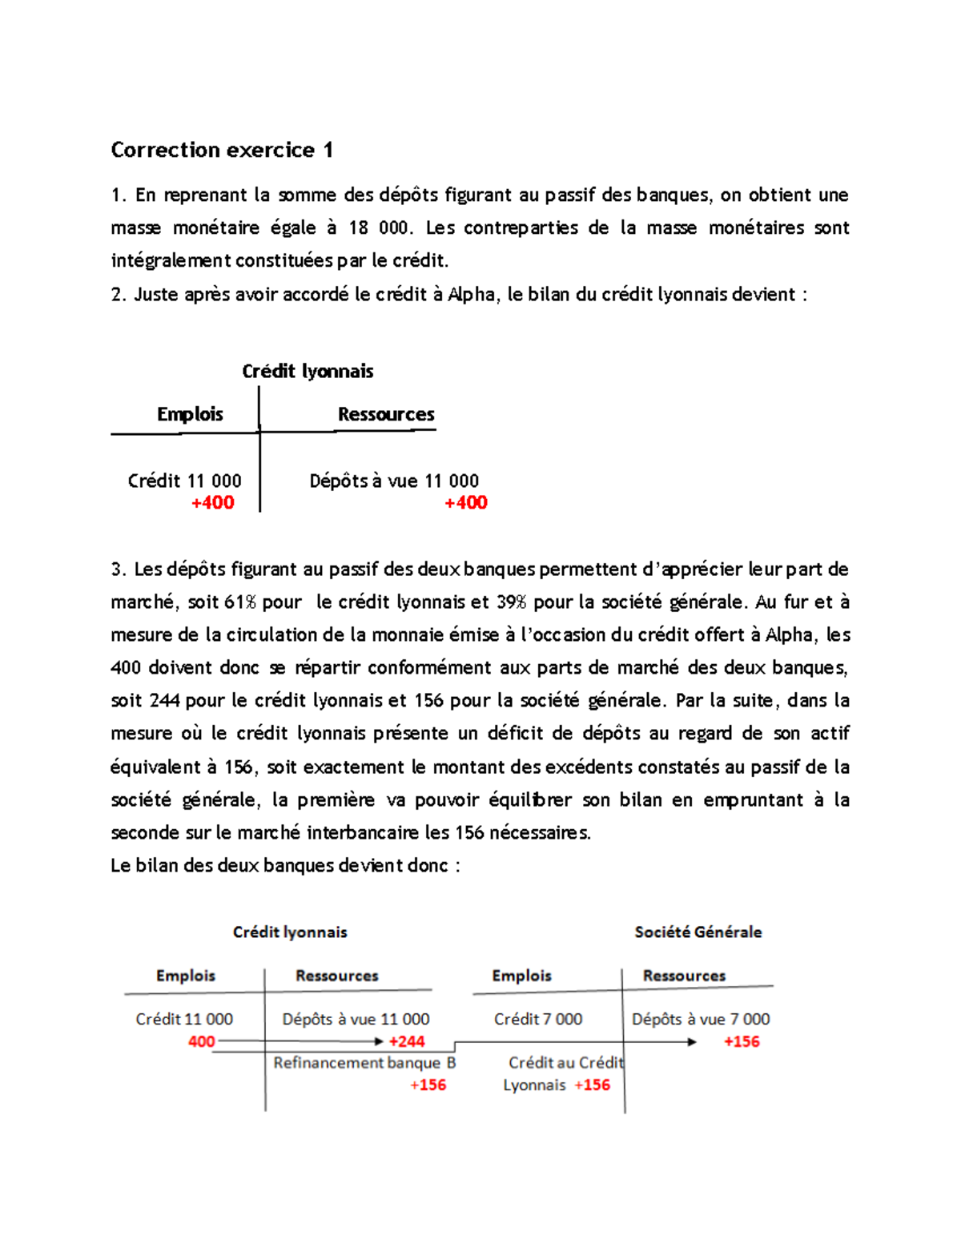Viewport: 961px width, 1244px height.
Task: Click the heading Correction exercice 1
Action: [222, 150]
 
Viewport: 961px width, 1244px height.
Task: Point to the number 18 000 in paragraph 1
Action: [379, 227]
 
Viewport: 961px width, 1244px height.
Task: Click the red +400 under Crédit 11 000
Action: [213, 503]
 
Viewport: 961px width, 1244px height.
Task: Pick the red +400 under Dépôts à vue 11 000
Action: [466, 503]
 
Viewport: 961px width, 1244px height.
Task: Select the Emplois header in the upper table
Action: [190, 414]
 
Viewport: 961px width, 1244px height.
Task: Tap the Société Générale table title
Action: [698, 932]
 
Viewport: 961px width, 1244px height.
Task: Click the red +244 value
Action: [407, 1041]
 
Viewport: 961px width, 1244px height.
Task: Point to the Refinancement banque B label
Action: [364, 1063]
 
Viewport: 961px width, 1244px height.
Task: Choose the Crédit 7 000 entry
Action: [538, 1019]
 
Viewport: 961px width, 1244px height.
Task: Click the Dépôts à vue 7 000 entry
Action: [701, 1019]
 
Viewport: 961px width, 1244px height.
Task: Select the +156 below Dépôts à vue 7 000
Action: [742, 1041]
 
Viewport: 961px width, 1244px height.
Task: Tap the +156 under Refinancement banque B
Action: [428, 1085]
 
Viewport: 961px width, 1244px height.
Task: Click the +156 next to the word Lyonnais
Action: [593, 1085]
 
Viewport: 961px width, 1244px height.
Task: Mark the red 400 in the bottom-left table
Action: [202, 1041]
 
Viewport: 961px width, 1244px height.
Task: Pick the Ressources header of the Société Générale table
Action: [684, 976]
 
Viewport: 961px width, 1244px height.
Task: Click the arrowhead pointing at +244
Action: [379, 1041]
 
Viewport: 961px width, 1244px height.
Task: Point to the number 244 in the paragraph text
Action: [164, 700]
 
